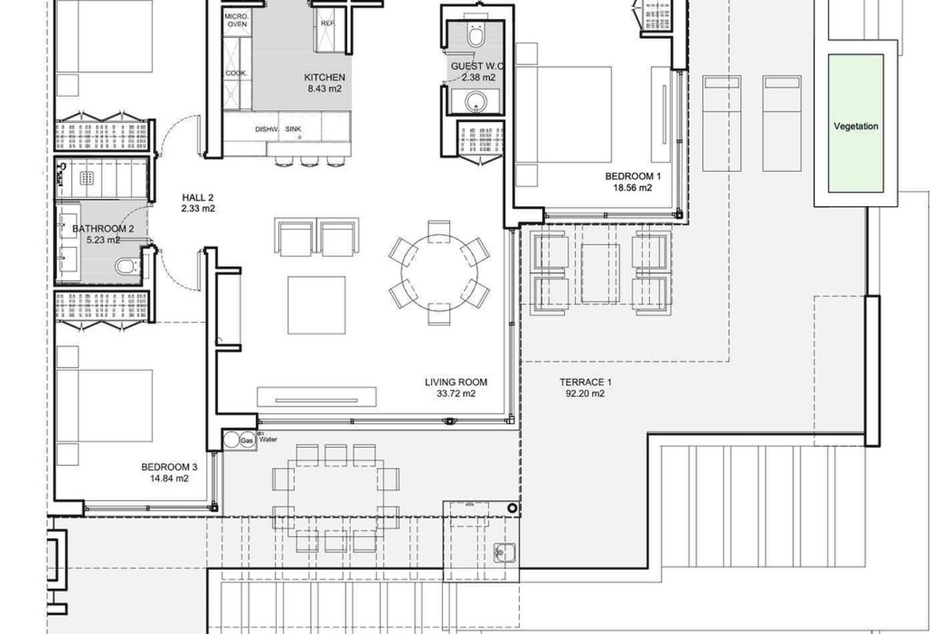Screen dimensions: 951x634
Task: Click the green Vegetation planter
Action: point(855,123)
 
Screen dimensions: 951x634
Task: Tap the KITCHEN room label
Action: point(324,78)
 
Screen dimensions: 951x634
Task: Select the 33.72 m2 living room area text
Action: point(456,394)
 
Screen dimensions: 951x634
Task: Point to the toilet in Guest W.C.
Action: point(475,34)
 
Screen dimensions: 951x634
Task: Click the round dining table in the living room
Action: point(439,273)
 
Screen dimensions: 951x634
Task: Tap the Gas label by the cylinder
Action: point(246,441)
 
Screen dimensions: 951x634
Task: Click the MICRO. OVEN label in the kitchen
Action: point(237,21)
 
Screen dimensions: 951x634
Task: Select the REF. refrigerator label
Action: point(328,23)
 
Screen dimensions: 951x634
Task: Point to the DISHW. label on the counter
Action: point(266,129)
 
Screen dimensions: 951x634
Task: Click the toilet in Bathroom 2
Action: point(127,267)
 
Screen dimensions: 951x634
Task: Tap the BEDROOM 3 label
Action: point(169,467)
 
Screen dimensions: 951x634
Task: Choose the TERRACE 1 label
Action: point(585,382)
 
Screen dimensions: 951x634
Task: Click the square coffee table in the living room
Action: point(316,305)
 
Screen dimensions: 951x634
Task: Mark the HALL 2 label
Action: point(197,197)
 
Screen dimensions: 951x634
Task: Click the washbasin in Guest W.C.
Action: point(475,102)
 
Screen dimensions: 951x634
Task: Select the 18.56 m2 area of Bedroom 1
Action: point(632,188)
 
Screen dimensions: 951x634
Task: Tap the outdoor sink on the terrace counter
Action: point(505,553)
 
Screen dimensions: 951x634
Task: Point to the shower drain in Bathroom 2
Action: point(86,178)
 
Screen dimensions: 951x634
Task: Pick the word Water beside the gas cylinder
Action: point(268,440)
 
